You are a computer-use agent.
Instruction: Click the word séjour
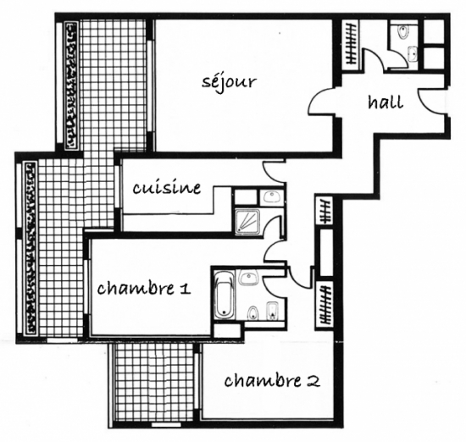[229, 81]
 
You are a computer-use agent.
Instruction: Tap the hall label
[386, 102]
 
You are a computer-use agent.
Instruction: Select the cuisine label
[167, 187]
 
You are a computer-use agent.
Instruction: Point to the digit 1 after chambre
[186, 288]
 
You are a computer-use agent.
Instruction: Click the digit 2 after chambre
[313, 380]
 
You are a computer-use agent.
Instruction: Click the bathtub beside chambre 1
[224, 294]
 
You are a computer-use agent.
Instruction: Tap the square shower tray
[247, 222]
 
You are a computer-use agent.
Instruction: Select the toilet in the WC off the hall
[403, 32]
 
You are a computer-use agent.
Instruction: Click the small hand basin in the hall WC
[413, 54]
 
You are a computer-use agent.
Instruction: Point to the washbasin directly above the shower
[271, 197]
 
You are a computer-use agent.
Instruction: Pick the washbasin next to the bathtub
[249, 278]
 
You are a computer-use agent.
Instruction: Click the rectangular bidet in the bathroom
[272, 311]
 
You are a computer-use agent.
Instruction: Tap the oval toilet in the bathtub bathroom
[253, 313]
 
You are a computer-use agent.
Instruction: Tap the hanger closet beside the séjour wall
[351, 45]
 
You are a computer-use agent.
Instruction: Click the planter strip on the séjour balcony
[71, 86]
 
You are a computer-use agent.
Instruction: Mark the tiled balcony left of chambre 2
[154, 384]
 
